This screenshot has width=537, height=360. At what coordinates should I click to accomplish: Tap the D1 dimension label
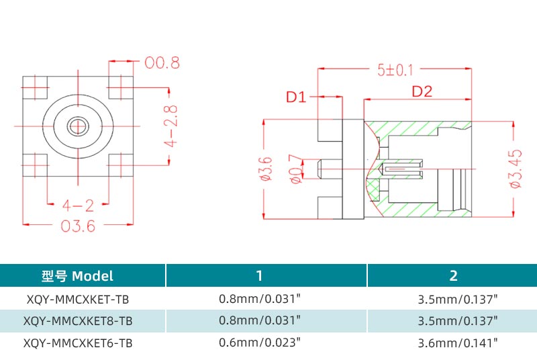(296, 97)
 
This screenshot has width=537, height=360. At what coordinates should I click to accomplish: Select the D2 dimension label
(422, 92)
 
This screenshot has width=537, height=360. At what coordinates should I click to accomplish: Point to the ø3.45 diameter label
(515, 169)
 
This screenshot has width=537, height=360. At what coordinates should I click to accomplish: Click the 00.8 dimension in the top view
(162, 64)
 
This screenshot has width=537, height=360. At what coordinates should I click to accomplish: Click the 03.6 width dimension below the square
(78, 226)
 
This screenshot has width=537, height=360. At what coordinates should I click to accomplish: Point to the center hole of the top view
(79, 125)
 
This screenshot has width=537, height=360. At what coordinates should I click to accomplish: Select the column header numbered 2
(454, 275)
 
